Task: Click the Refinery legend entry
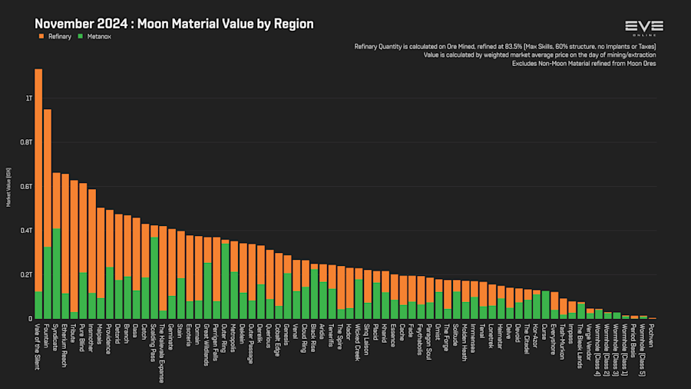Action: [x=54, y=36]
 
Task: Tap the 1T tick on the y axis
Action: [x=28, y=98]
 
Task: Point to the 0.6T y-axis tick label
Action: [x=27, y=187]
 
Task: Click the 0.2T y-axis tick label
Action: [x=27, y=274]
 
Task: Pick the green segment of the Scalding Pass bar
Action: [x=154, y=278]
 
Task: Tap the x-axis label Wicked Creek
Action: [x=359, y=340]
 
